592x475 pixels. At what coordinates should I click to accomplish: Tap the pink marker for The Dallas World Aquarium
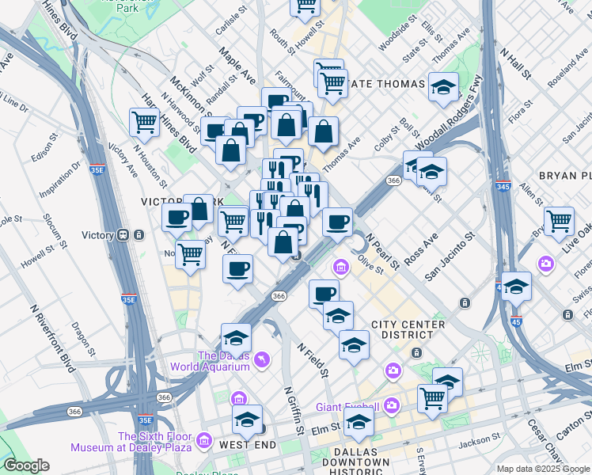coord(262,361)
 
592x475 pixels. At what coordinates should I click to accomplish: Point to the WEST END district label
coord(248,445)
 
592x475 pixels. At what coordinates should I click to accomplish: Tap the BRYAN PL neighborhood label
coord(564,175)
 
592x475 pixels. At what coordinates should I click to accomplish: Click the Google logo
coord(26,465)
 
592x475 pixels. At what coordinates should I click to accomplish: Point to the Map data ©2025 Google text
coord(541,469)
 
